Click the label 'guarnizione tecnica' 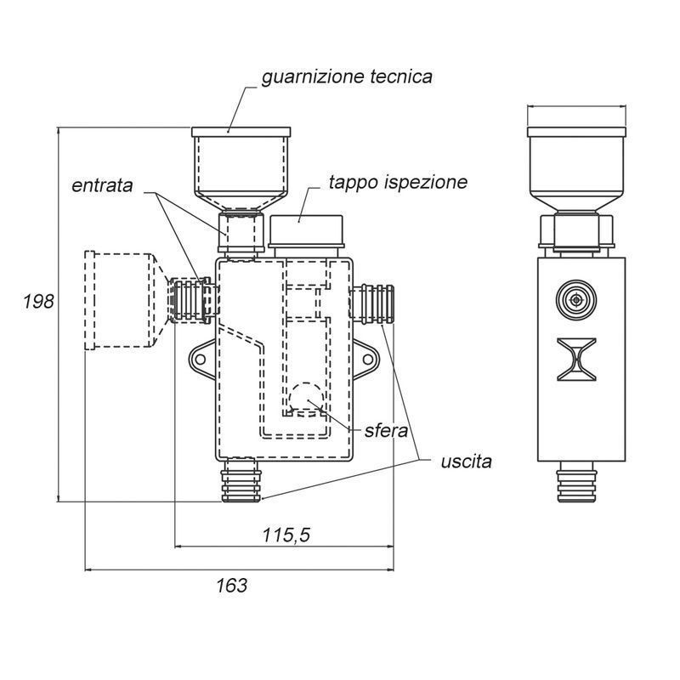pyautogui.click(x=347, y=77)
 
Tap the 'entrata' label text pyautogui.click(x=102, y=185)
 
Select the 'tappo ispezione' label pyautogui.click(x=398, y=182)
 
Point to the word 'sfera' pyautogui.click(x=386, y=431)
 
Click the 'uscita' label pyautogui.click(x=466, y=462)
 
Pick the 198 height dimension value pyautogui.click(x=38, y=302)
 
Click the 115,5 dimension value pyautogui.click(x=286, y=535)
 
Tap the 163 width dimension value pyautogui.click(x=231, y=586)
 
